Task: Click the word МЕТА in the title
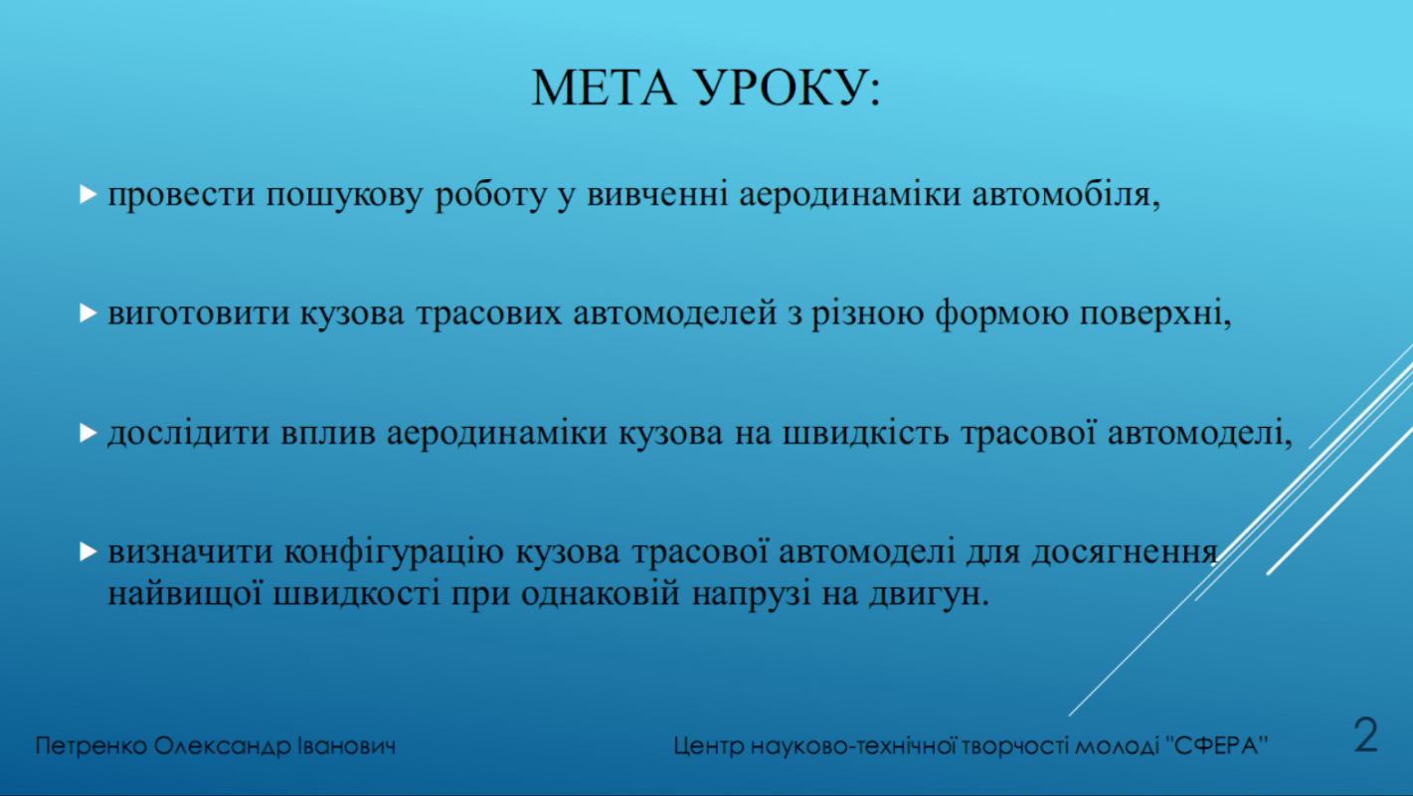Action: [604, 88]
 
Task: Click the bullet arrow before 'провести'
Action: [88, 194]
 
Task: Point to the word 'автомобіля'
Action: [1062, 194]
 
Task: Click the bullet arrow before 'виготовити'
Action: [88, 313]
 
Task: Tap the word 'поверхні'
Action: [1151, 313]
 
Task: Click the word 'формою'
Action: [1001, 313]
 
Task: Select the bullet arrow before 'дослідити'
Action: [88, 433]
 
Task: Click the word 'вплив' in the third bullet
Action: [328, 434]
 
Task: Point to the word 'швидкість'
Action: [865, 433]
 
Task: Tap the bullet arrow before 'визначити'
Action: [88, 551]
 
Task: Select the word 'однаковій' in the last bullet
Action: [601, 594]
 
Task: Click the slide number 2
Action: [1365, 735]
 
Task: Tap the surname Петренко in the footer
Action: [90, 746]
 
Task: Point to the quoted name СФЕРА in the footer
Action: [1216, 745]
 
